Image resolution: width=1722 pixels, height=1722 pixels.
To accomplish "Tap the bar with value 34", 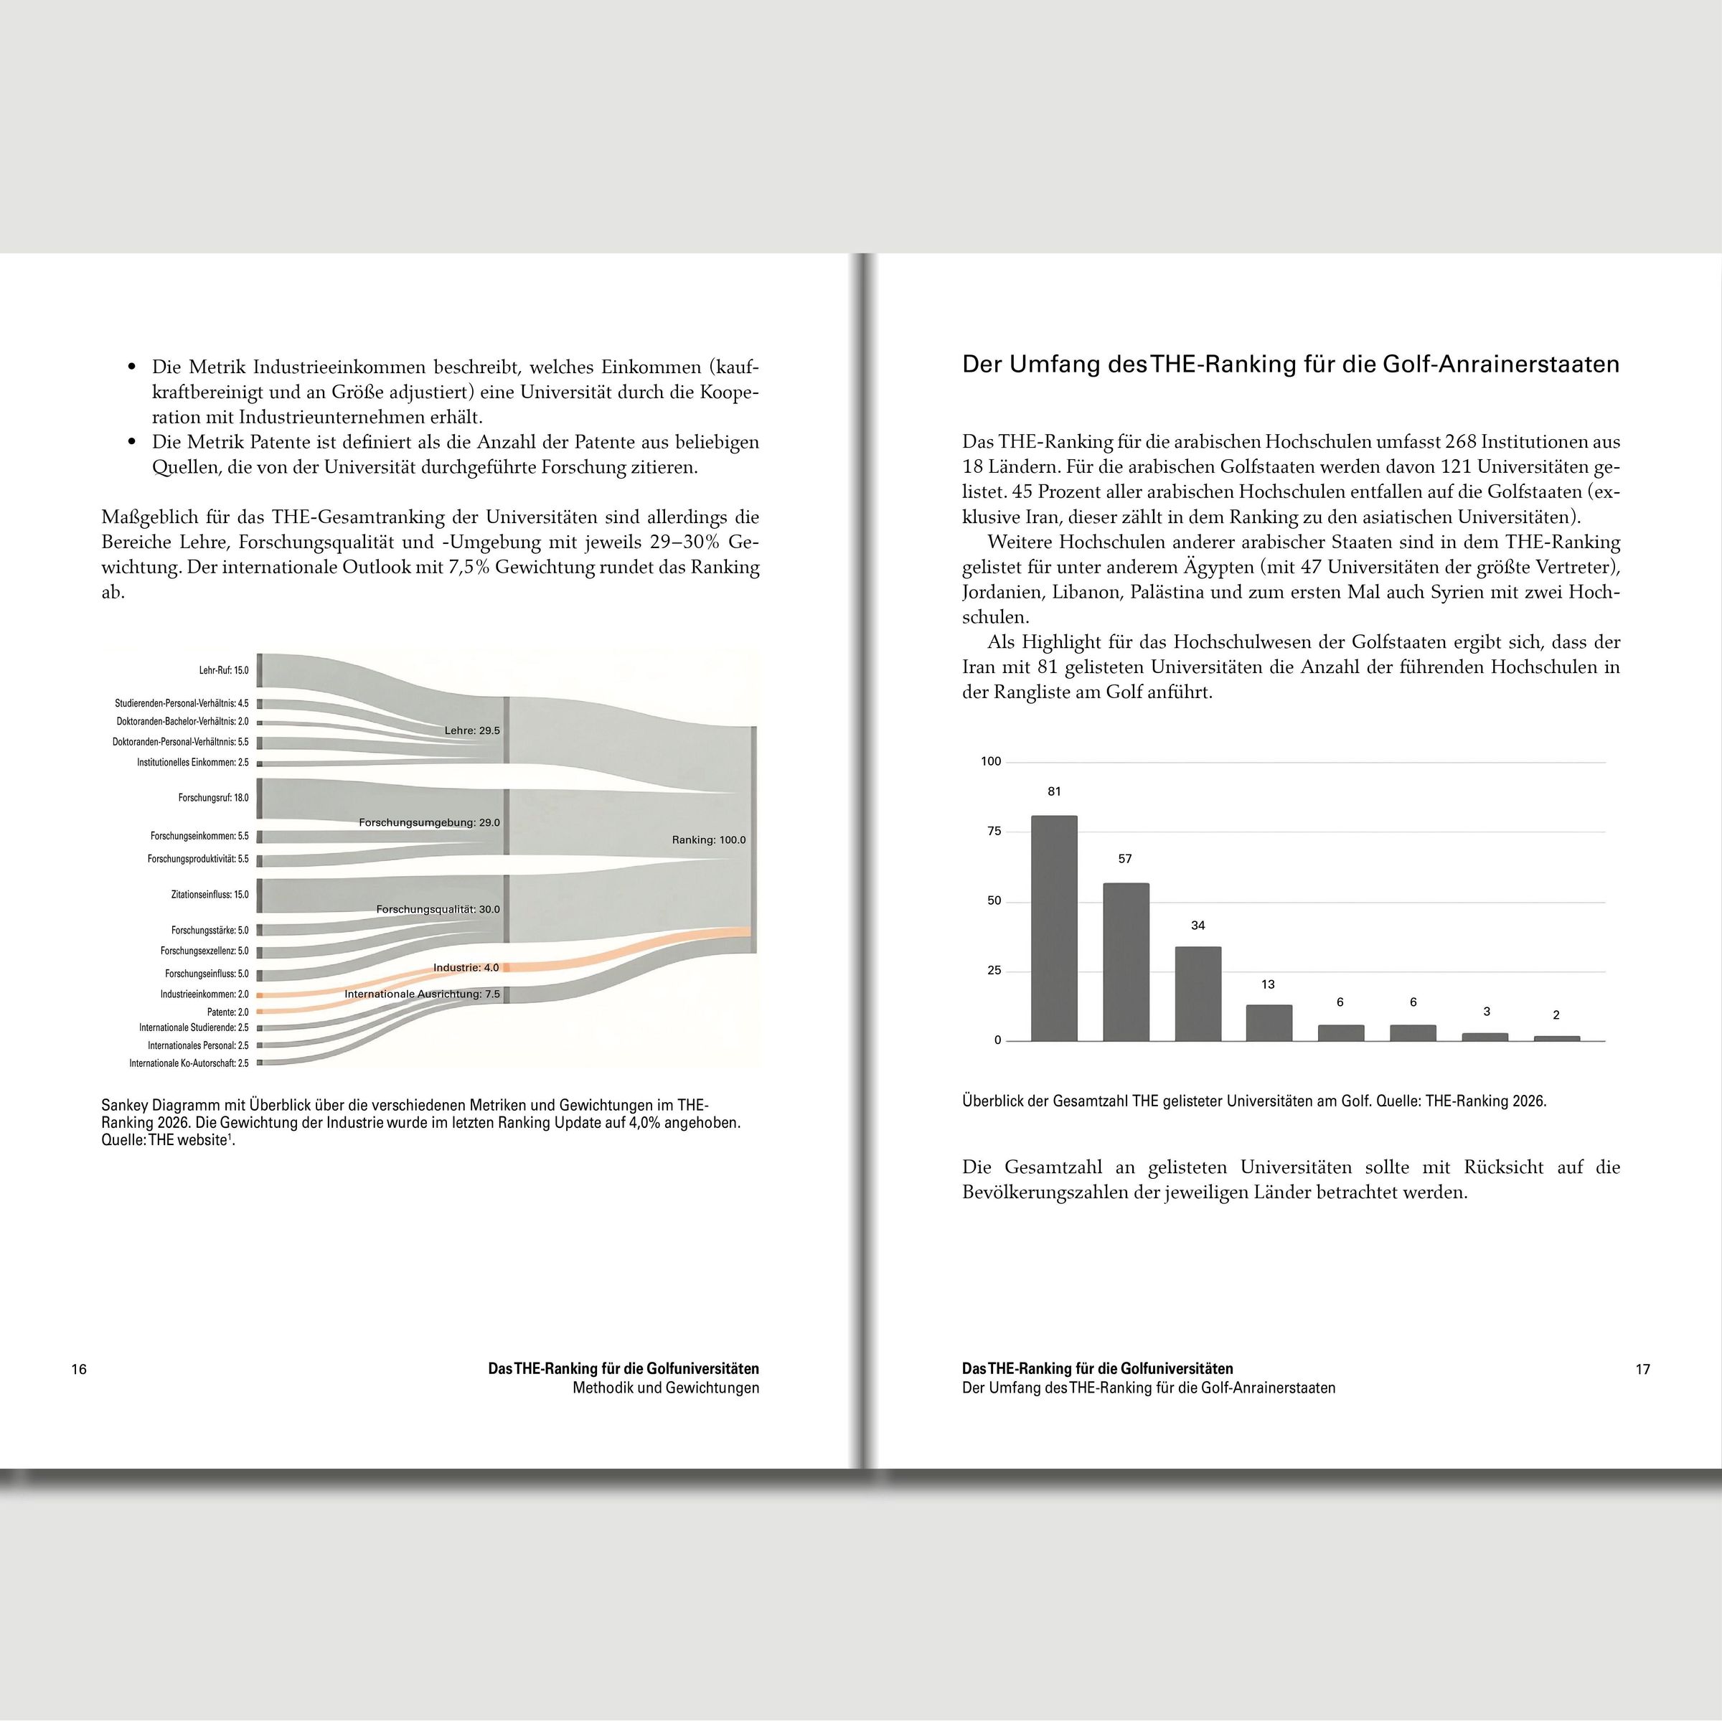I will click(x=1198, y=993).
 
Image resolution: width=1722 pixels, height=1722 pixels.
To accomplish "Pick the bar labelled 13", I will click(x=1269, y=1022).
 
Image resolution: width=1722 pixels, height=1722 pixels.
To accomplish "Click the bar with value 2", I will click(x=1556, y=1038).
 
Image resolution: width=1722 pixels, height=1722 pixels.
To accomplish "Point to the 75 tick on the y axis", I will click(x=994, y=832).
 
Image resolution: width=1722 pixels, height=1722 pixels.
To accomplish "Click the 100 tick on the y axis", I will click(x=991, y=761).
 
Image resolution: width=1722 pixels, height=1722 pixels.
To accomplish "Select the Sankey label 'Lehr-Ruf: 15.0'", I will click(x=224, y=670).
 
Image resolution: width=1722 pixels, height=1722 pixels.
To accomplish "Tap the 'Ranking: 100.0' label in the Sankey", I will click(x=709, y=839).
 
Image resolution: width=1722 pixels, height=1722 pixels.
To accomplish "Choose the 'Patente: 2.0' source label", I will click(x=228, y=1012).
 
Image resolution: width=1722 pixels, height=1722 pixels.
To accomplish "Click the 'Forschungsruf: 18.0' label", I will click(x=213, y=798).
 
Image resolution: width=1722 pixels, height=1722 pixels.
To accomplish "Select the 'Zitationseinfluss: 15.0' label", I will click(x=210, y=894).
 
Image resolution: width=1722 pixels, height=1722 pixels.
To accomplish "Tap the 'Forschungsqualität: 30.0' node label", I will click(x=438, y=909).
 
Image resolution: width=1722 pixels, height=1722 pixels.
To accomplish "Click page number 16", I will click(x=80, y=1369).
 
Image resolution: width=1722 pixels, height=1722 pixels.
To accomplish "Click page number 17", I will click(x=1642, y=1369).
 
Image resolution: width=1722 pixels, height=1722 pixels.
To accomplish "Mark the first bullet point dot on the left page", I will click(x=132, y=367).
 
